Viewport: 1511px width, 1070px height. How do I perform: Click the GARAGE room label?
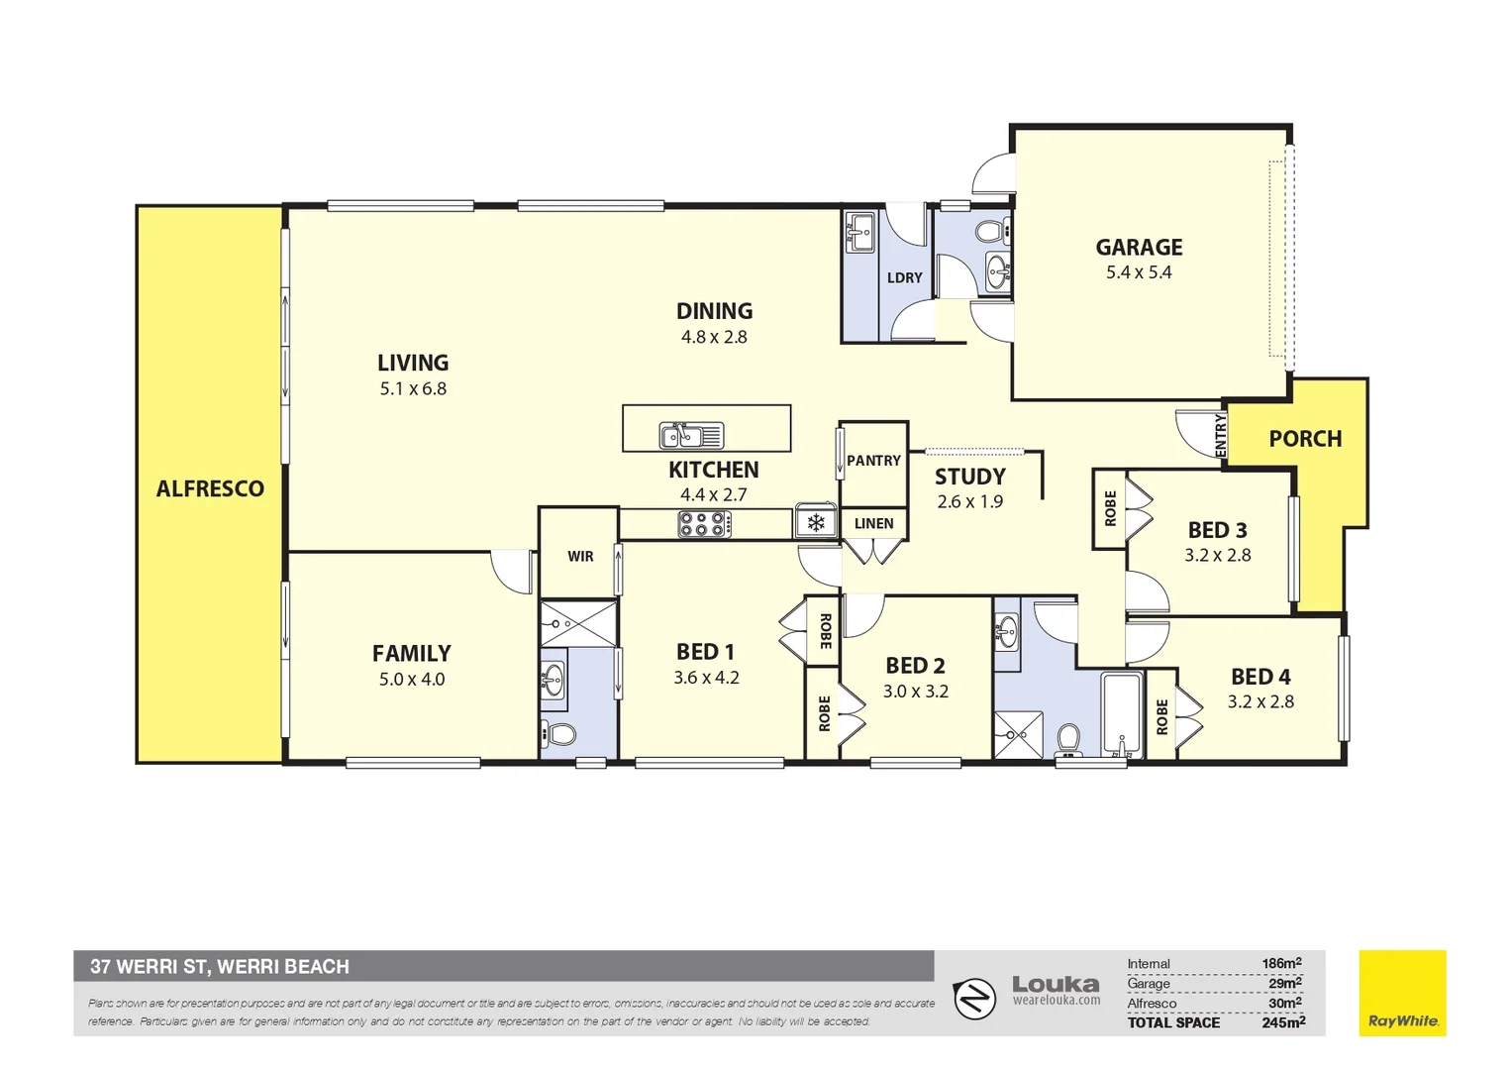1139,248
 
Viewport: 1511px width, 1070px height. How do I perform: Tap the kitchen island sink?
691,435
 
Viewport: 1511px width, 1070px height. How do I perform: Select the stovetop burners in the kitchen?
704,524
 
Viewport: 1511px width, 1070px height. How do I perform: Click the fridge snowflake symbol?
816,522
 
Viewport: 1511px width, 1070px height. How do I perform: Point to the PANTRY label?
873,461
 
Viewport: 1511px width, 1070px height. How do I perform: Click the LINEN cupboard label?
873,523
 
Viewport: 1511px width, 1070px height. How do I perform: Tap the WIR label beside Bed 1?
580,557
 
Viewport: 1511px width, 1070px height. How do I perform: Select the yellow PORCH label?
1305,439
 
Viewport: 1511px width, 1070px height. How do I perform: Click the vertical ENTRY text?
1221,436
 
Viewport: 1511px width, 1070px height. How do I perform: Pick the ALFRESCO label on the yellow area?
210,488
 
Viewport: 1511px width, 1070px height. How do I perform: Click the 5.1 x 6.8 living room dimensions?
413,389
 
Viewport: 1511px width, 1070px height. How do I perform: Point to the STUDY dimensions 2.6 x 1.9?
969,502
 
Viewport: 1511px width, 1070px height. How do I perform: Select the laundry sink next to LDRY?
859,234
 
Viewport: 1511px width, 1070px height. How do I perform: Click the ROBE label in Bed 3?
1110,508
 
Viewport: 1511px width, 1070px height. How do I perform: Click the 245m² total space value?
1283,1022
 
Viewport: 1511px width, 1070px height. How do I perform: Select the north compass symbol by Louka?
974,998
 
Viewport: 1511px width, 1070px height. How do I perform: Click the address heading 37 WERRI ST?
220,967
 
